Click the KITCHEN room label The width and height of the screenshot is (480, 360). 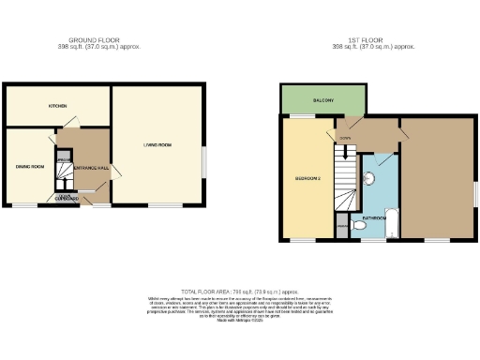pyautogui.click(x=57, y=106)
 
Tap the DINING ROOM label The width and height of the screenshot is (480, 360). pyautogui.click(x=31, y=166)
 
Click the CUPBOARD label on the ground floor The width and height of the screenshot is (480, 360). pyautogui.click(x=67, y=199)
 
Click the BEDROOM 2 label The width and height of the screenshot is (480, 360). pyautogui.click(x=308, y=178)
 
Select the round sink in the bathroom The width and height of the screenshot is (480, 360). pyautogui.click(x=369, y=177)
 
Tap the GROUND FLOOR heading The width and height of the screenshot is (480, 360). pyautogui.click(x=97, y=40)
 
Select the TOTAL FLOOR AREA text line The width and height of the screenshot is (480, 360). pyautogui.click(x=238, y=292)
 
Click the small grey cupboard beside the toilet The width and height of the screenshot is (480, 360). pyautogui.click(x=343, y=227)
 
